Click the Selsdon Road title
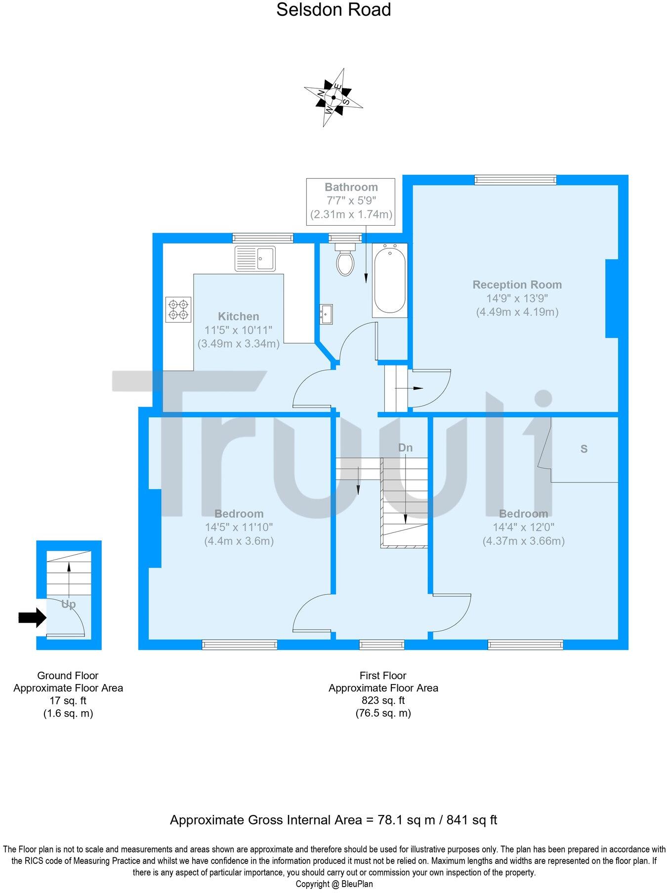333,10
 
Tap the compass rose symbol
333,97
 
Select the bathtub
390,280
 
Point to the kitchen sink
255,259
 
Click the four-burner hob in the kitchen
178,309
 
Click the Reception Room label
517,285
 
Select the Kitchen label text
238,317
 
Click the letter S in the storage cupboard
584,449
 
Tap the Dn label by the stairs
405,448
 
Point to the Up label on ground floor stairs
68,604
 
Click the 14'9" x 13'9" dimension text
517,298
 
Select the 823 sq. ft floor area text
383,700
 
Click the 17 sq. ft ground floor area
68,700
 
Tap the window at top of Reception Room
515,180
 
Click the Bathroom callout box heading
351,187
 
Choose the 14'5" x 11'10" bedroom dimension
239,527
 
